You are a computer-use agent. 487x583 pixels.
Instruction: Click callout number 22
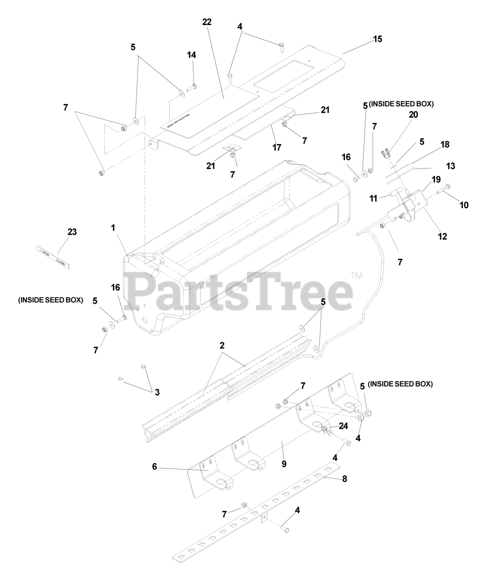pos(207,22)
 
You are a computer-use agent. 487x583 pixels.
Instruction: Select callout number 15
pos(378,39)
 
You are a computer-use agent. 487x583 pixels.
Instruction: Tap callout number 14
pos(192,55)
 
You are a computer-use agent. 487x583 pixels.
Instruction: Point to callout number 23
pos(72,232)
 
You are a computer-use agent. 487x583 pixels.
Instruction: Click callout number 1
pos(113,228)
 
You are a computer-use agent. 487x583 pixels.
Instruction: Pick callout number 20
pos(413,115)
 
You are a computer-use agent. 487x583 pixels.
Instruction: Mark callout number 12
pos(442,236)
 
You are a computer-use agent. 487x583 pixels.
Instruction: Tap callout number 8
pos(345,479)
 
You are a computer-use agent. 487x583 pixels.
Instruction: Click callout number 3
pos(157,392)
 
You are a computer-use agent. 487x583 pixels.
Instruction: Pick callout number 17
pos(277,147)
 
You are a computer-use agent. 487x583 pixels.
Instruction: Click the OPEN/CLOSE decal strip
pos(52,257)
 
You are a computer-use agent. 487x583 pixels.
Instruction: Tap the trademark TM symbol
pos(356,275)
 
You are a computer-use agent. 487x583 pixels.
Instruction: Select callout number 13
pos(450,166)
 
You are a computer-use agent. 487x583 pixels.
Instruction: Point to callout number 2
pos(222,345)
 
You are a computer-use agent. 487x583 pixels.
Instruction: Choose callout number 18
pos(445,144)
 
